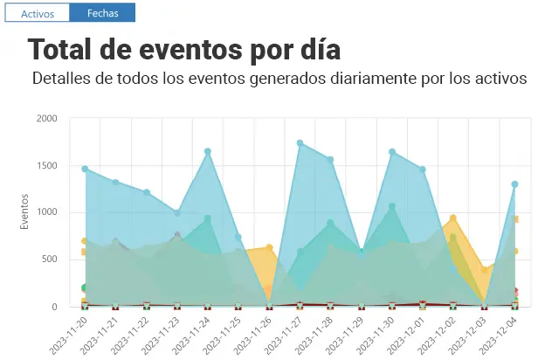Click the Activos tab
(37, 12)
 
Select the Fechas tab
(102, 12)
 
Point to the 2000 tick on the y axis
(46, 118)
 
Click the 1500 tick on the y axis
(46, 165)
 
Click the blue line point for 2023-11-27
(300, 143)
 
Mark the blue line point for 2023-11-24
(208, 151)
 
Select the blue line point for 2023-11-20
(85, 169)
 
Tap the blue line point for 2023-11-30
(392, 152)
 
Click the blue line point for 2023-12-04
(515, 184)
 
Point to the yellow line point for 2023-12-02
(453, 218)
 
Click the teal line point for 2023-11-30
(392, 207)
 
